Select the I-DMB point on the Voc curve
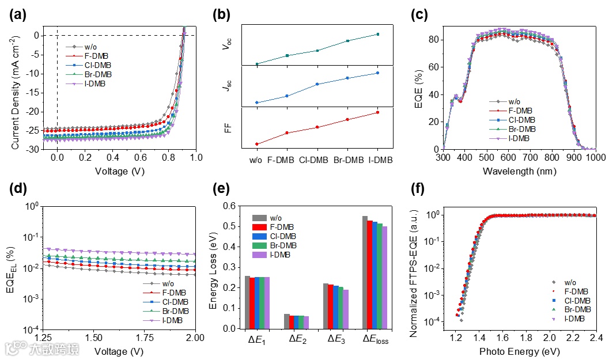378,34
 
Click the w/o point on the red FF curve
257,144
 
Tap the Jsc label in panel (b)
227,88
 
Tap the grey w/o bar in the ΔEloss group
365,272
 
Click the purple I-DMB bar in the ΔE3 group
345,309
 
